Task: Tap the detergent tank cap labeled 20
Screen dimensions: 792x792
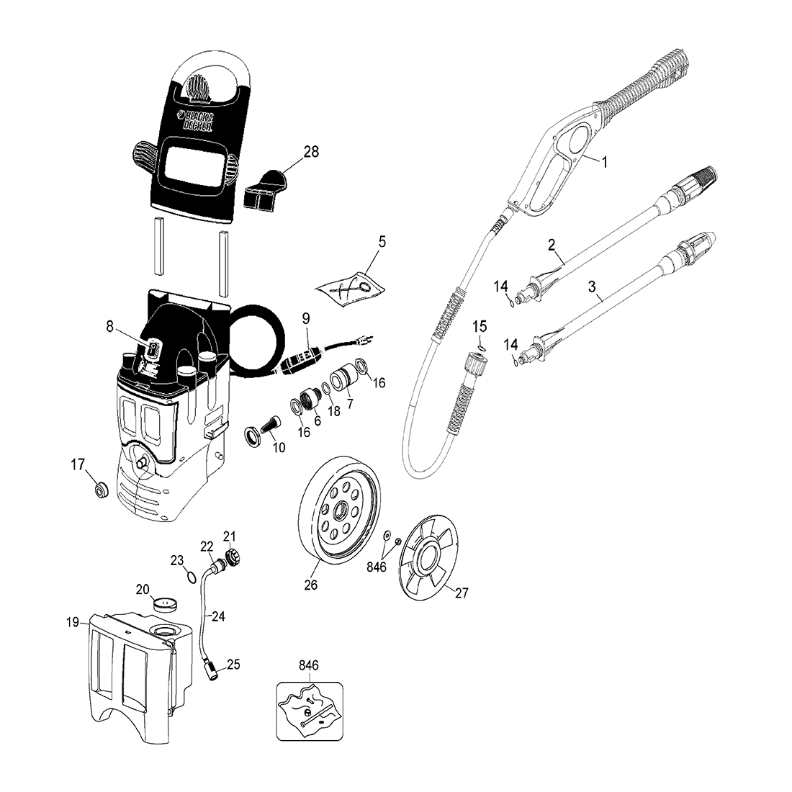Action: tap(167, 602)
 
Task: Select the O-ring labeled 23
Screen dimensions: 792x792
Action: tap(191, 577)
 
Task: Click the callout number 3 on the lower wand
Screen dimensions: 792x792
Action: tap(592, 287)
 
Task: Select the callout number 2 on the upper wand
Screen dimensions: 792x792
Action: tap(552, 245)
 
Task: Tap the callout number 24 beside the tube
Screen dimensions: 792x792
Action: tap(218, 616)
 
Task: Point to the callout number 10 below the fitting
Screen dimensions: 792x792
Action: tap(278, 447)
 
